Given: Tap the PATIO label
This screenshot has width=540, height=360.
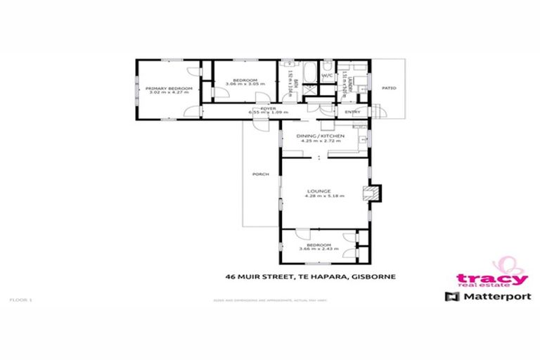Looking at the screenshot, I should pyautogui.click(x=389, y=88).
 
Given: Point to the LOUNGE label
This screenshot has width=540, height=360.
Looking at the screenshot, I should pyautogui.click(x=324, y=191).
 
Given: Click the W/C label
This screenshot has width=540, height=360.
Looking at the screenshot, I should pyautogui.click(x=327, y=76).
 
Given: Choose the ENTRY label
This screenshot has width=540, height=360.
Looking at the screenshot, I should pyautogui.click(x=352, y=112).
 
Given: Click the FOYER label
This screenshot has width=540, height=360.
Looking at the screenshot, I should pyautogui.click(x=268, y=108).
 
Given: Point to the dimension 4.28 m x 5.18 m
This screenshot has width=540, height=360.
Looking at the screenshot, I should pyautogui.click(x=324, y=196).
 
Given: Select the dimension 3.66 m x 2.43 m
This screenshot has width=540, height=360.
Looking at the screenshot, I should pyautogui.click(x=319, y=249).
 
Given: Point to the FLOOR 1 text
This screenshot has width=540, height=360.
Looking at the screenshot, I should pyautogui.click(x=21, y=300).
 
